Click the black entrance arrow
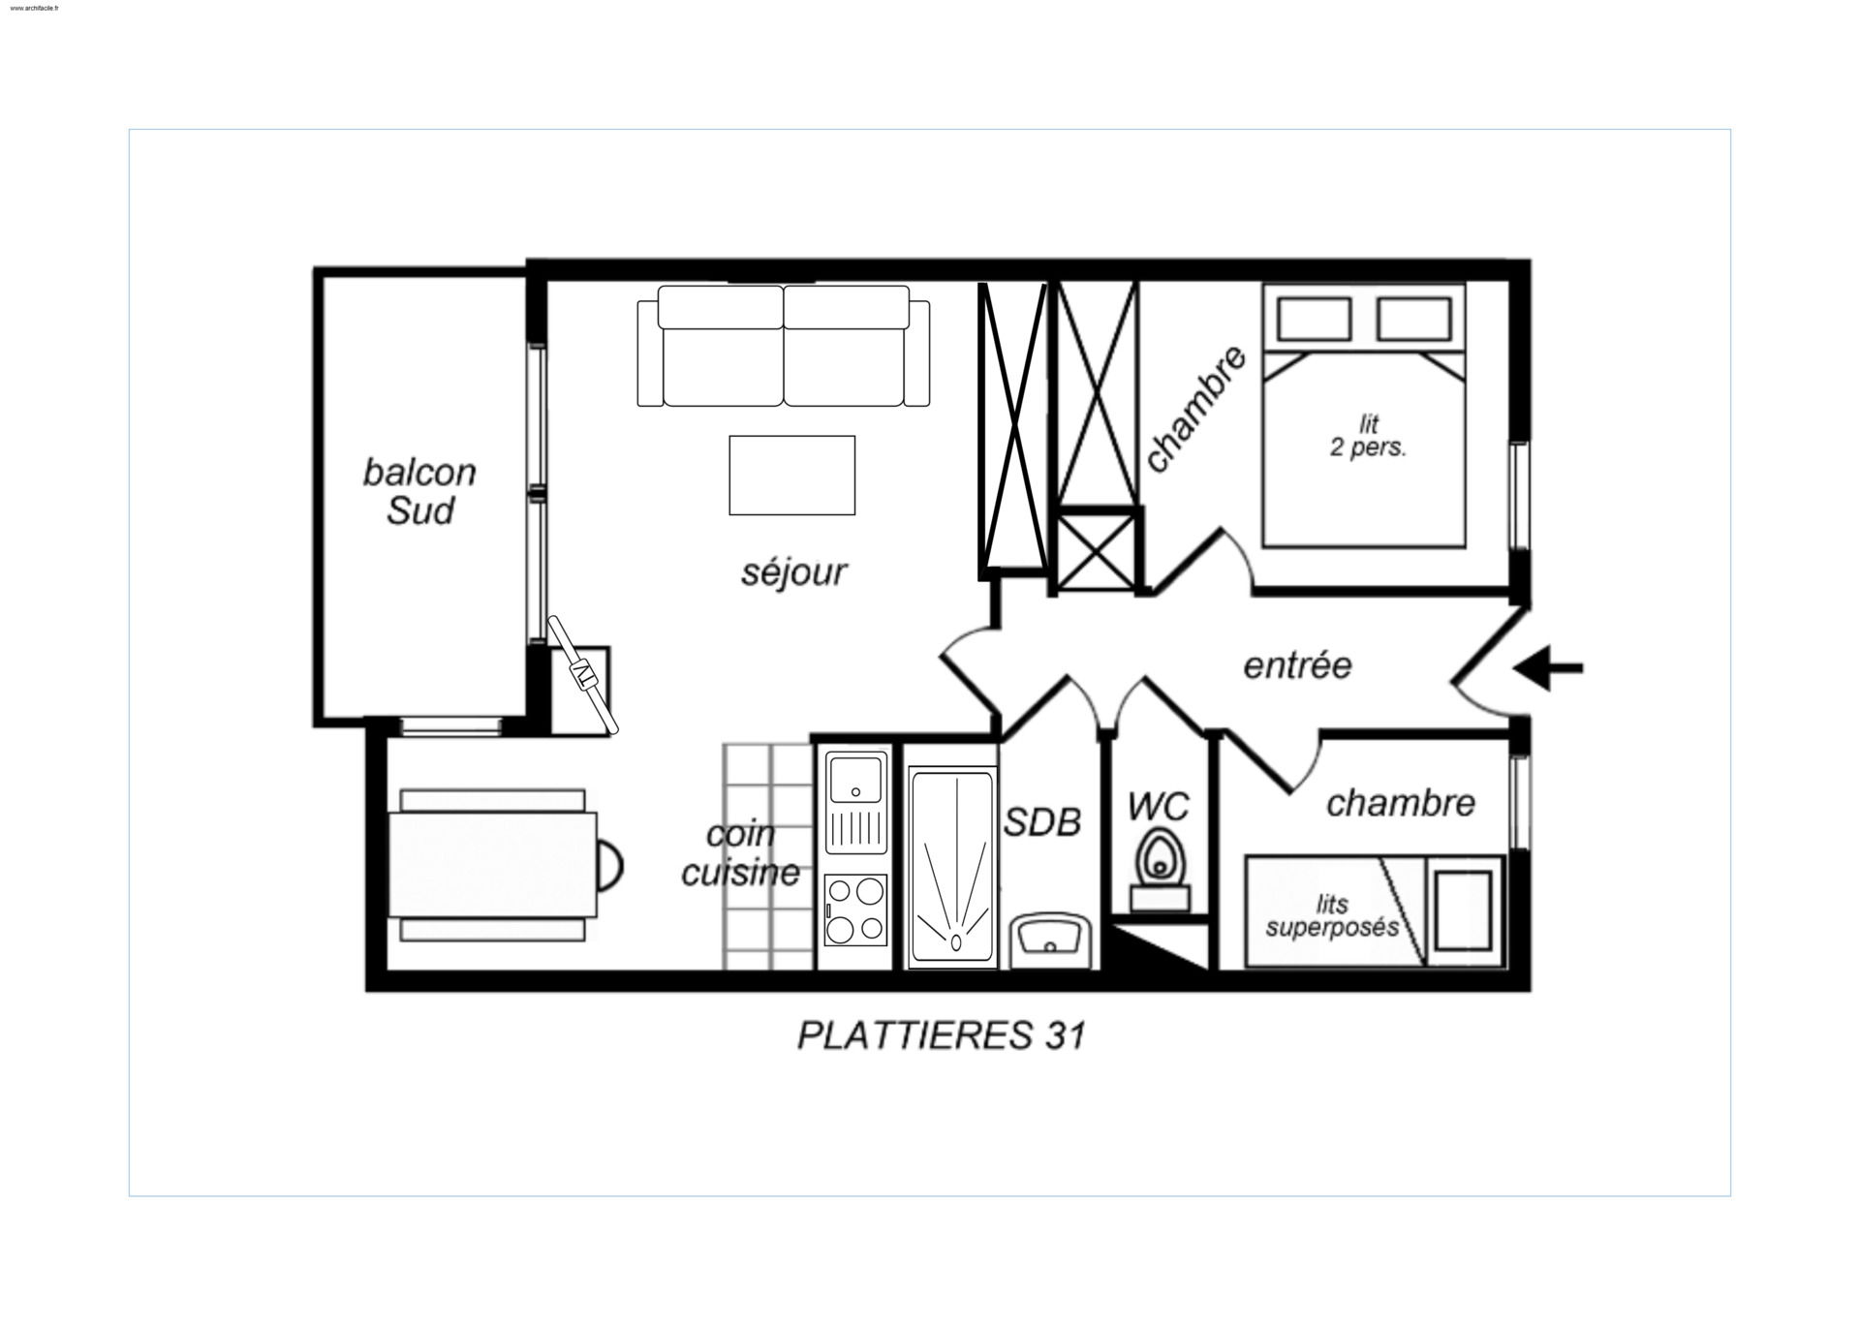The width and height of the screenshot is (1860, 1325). click(x=1547, y=667)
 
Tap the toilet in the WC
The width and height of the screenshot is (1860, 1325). click(x=1160, y=868)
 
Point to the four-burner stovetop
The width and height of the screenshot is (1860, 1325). click(x=855, y=909)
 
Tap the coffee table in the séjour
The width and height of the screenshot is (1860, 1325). click(x=791, y=475)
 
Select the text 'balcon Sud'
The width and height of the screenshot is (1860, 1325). click(x=419, y=491)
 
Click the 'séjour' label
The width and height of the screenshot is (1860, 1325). click(x=794, y=572)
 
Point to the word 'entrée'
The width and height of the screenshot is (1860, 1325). click(x=1297, y=665)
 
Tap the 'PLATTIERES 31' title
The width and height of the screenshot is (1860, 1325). click(x=942, y=1035)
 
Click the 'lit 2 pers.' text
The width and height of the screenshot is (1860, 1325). click(x=1368, y=436)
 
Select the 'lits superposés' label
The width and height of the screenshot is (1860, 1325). click(x=1332, y=915)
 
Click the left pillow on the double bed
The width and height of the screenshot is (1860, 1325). click(x=1315, y=319)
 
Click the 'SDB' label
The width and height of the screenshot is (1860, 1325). click(x=1042, y=822)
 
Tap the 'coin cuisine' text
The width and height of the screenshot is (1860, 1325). click(x=741, y=853)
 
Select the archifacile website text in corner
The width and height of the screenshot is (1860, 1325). click(x=34, y=8)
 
